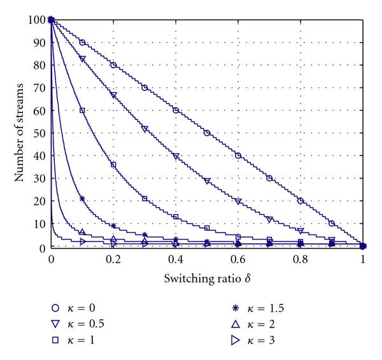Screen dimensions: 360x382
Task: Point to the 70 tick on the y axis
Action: click(40, 88)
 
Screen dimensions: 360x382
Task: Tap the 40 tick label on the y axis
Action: click(40, 155)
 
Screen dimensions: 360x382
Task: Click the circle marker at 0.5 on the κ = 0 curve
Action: click(207, 133)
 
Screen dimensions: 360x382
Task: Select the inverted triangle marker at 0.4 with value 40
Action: click(176, 156)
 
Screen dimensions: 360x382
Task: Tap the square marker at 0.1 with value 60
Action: click(82, 110)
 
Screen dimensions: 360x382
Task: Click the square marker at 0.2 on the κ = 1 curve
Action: click(113, 164)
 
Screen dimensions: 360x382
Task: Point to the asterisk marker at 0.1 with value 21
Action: click(82, 199)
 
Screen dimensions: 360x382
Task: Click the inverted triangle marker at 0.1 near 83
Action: click(82, 59)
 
